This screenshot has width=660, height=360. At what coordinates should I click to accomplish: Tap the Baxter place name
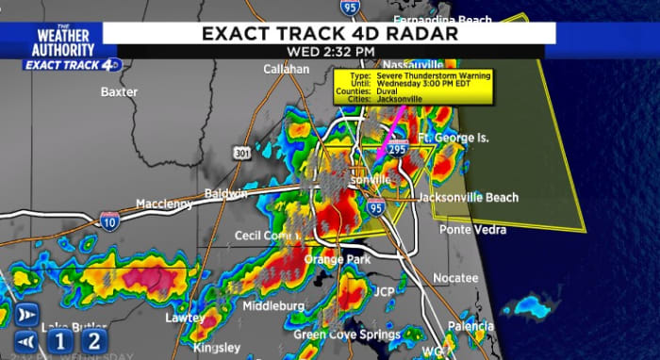[x=120, y=92]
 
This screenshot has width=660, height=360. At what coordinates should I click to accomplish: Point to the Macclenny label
[x=164, y=204]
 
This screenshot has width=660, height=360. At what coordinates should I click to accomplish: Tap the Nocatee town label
[x=456, y=278]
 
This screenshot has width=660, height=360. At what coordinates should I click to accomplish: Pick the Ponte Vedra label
[x=473, y=229]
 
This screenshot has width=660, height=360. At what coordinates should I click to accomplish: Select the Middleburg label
[x=272, y=306]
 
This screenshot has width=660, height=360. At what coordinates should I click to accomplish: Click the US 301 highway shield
[x=242, y=154]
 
